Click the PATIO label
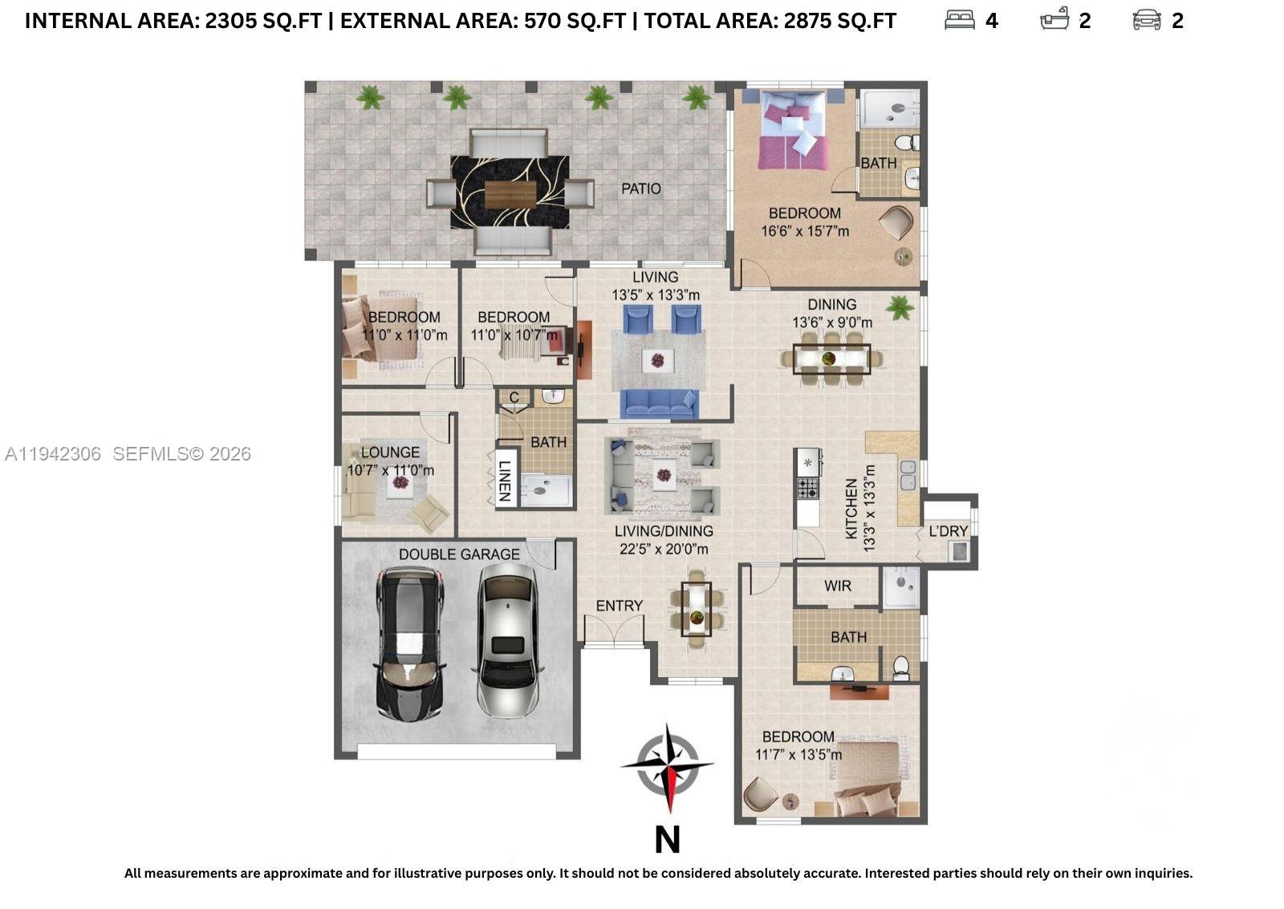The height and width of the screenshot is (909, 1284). click(640, 189)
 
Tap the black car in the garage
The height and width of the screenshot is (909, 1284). click(409, 643)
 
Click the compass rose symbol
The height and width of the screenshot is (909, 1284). click(668, 766)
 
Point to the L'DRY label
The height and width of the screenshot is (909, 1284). click(948, 531)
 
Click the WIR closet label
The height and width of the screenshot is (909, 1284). click(837, 586)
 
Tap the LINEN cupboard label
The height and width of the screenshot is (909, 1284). click(505, 481)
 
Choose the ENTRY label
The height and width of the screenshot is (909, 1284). click(619, 606)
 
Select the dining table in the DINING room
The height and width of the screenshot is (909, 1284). click(831, 359)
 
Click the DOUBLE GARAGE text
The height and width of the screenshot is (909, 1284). click(459, 554)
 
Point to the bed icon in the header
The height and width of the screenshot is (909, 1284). click(959, 20)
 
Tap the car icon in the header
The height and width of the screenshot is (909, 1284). click(1146, 20)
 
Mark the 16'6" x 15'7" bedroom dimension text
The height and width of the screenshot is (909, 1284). click(805, 232)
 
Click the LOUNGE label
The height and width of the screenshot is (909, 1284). click(390, 452)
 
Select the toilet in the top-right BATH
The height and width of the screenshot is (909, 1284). click(905, 144)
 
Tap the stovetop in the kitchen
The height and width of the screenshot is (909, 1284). click(807, 487)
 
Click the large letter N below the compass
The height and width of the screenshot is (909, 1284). click(668, 840)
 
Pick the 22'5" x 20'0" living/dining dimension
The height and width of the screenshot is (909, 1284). click(664, 550)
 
